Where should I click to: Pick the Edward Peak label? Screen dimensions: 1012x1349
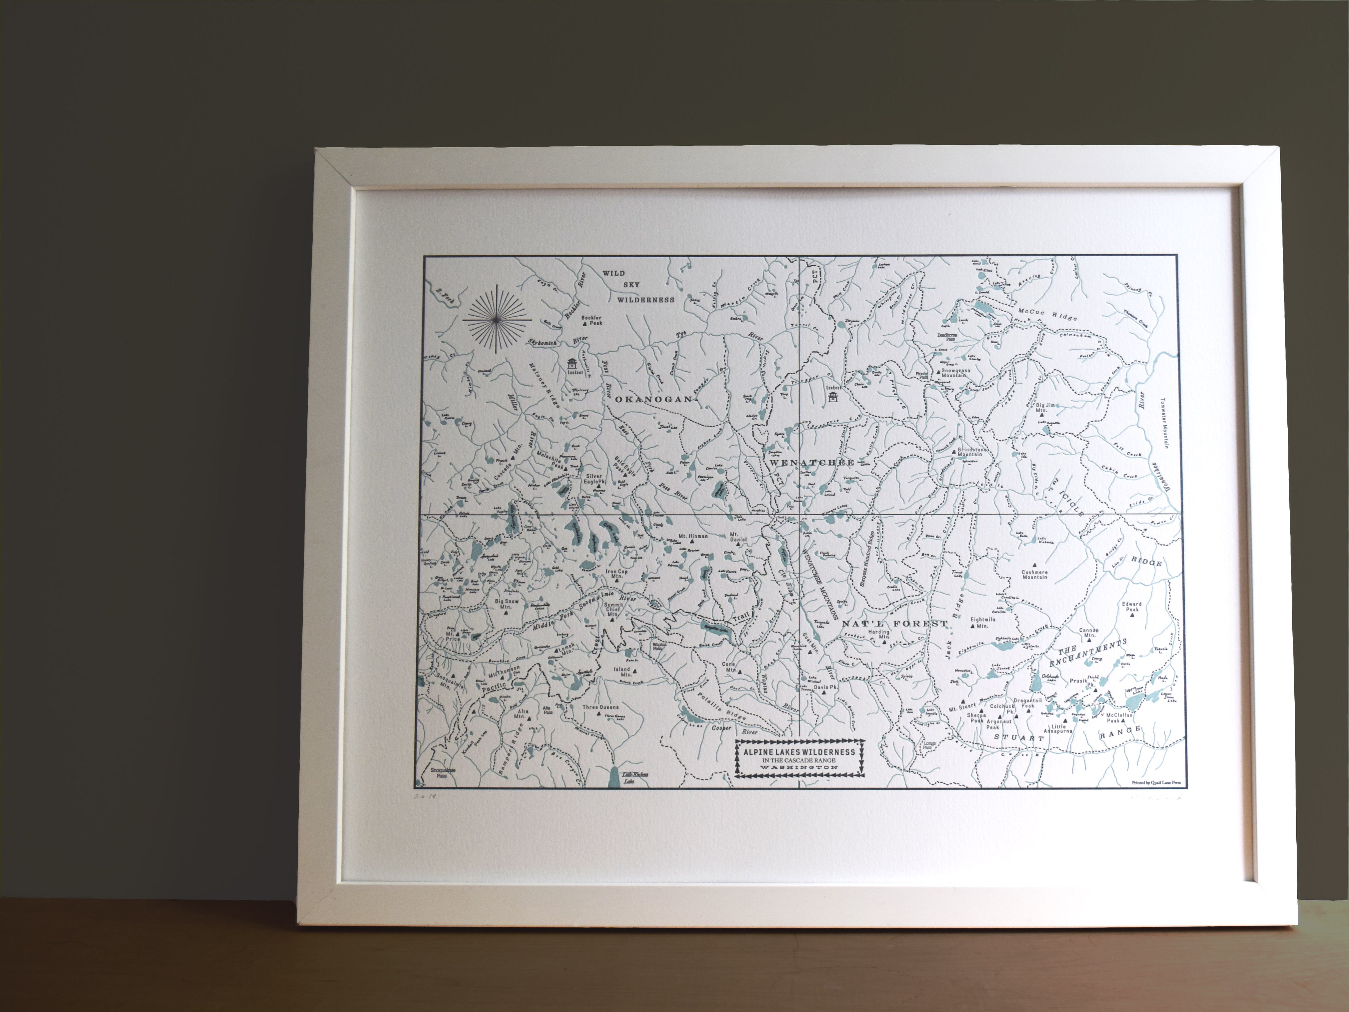tap(1131, 607)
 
